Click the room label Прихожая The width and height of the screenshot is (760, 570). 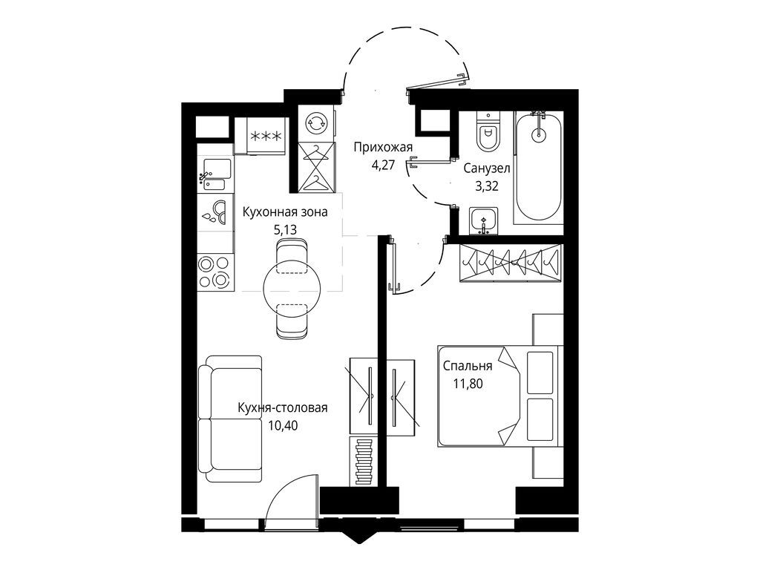(x=382, y=147)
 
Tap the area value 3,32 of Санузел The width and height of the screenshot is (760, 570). (x=486, y=186)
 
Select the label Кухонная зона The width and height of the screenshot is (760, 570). (x=285, y=212)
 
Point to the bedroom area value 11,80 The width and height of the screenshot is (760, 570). (x=468, y=384)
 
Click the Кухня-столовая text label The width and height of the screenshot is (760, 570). (x=282, y=407)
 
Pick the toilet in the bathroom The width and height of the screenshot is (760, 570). (x=487, y=134)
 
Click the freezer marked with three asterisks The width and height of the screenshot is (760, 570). (x=265, y=136)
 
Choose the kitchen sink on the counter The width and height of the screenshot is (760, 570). (x=214, y=172)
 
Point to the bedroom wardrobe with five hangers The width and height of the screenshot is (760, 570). (x=510, y=262)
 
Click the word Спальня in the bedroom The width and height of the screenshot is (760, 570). (x=468, y=367)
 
